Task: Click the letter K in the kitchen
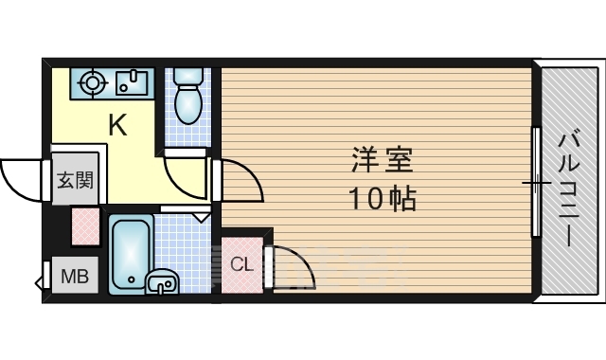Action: [117, 125]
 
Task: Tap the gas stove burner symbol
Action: [92, 82]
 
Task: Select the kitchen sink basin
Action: [132, 82]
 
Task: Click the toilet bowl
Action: [188, 104]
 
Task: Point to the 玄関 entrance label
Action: [76, 180]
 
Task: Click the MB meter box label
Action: [76, 276]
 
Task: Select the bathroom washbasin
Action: [162, 281]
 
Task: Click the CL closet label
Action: [242, 265]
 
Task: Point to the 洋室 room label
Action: [383, 159]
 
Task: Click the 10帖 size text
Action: [383, 198]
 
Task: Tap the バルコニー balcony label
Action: [569, 189]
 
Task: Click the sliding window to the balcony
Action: [536, 182]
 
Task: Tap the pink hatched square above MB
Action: [85, 226]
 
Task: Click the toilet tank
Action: [188, 77]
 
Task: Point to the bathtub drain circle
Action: [132, 279]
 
